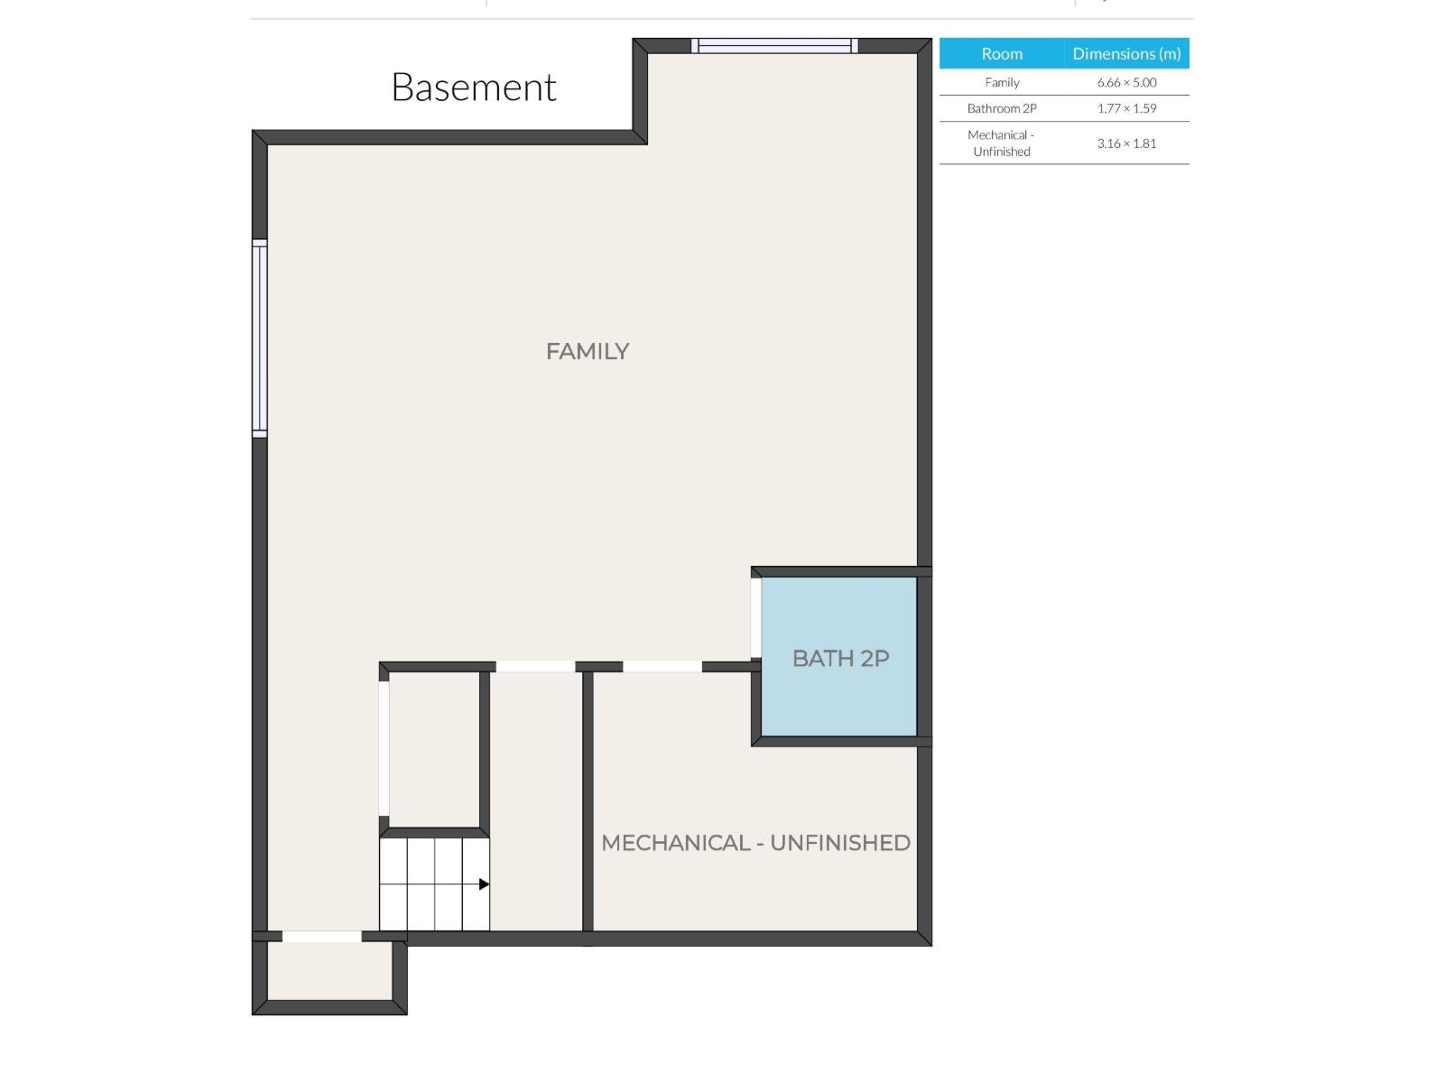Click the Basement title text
[x=473, y=88]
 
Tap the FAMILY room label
[x=587, y=351]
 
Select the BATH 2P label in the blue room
[x=840, y=659]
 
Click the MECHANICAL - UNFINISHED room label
[x=755, y=843]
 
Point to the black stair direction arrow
[x=484, y=884]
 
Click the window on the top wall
[x=774, y=46]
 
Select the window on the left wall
[x=260, y=338]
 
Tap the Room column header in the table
[x=1002, y=54]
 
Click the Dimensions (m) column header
[x=1126, y=54]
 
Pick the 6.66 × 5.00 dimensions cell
[x=1126, y=82]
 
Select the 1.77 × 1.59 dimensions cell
[x=1126, y=108]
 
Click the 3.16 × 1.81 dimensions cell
[x=1126, y=143]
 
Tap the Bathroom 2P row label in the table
[x=1002, y=108]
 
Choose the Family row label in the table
[x=1002, y=82]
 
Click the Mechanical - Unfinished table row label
[x=1002, y=143]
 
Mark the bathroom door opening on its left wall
[x=756, y=618]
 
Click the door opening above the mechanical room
[x=662, y=667]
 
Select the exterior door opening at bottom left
[x=321, y=937]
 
